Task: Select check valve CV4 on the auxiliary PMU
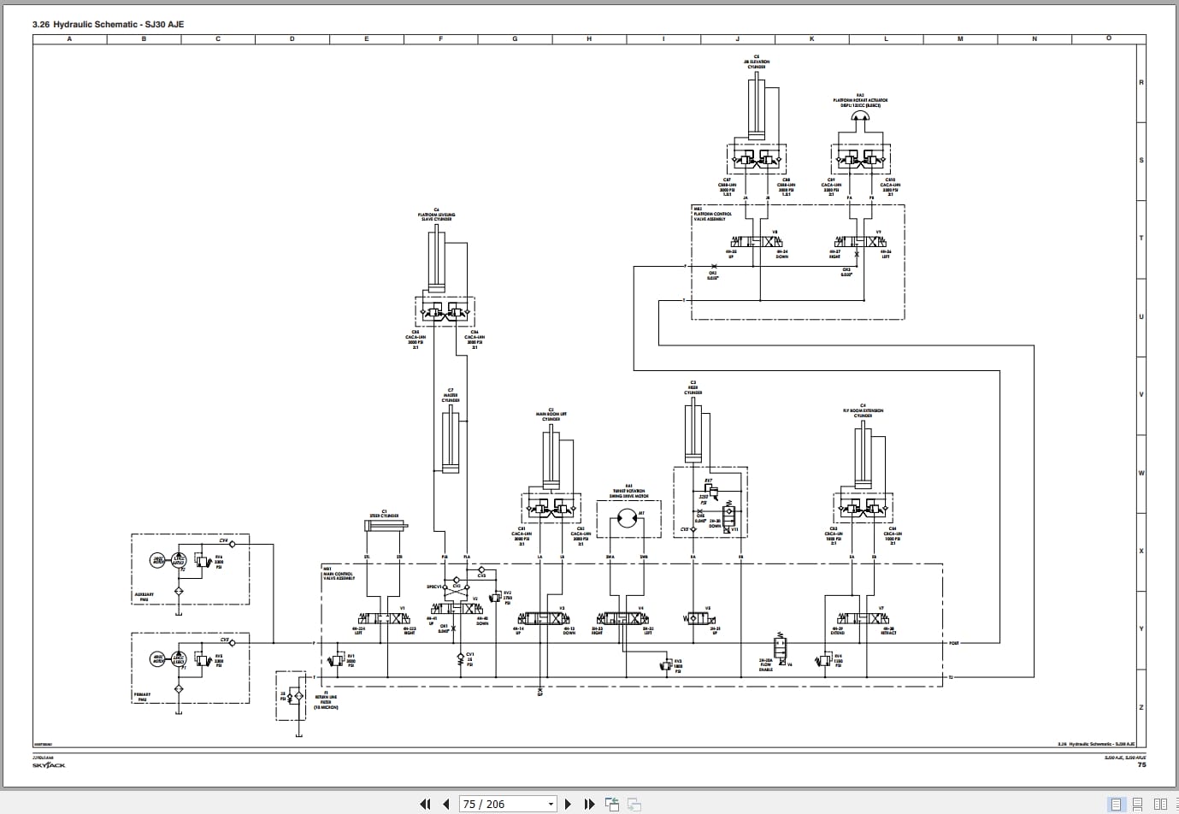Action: [233, 543]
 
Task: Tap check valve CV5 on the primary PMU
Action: [233, 641]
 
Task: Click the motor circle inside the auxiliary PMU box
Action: [158, 561]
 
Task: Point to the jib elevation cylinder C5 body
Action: [756, 107]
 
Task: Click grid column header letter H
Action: [589, 38]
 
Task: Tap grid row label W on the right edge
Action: [1141, 473]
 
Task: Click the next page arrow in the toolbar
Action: [568, 804]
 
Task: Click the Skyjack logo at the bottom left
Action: [49, 765]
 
